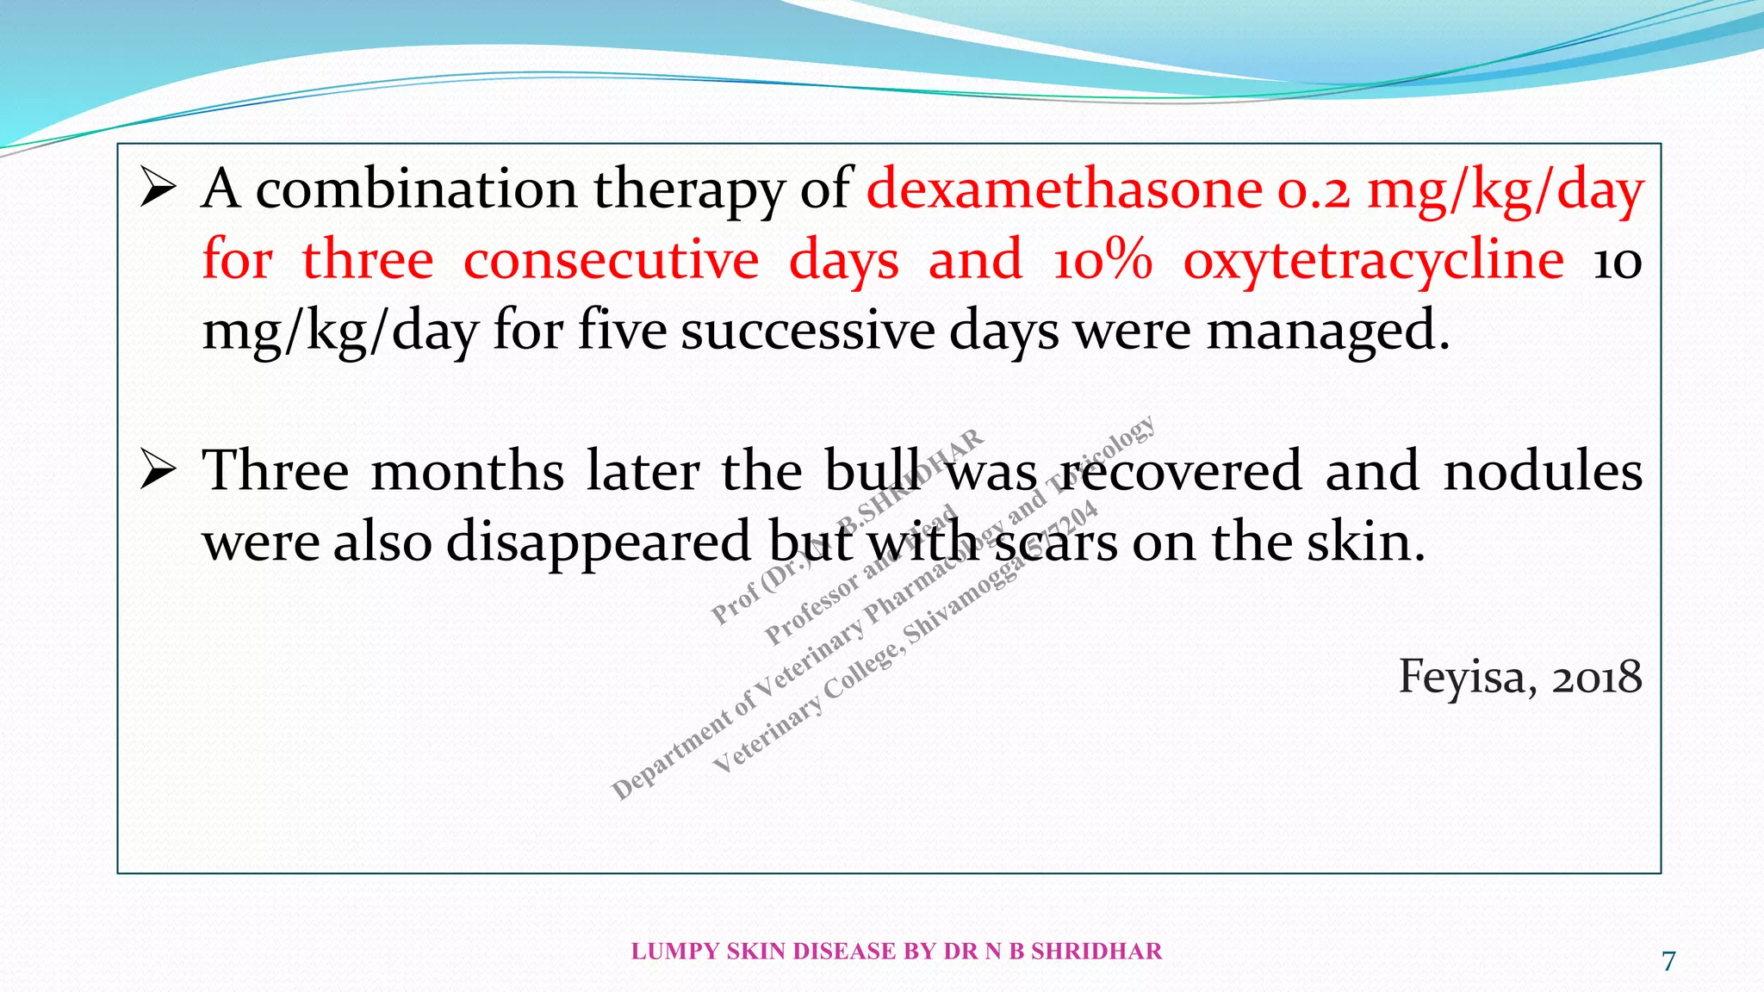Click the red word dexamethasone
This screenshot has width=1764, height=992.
pos(1065,189)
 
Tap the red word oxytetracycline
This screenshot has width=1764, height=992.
pos(1373,260)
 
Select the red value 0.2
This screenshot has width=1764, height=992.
pos(1314,191)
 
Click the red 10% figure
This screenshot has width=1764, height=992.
pos(1102,260)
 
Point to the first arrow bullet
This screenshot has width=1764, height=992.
pos(158,188)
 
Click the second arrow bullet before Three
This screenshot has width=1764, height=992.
pos(158,470)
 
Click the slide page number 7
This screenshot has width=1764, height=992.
pos(1668,961)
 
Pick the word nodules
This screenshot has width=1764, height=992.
pos(1543,472)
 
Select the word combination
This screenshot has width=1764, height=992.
pos(416,189)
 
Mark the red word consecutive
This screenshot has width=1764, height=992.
pos(611,260)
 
